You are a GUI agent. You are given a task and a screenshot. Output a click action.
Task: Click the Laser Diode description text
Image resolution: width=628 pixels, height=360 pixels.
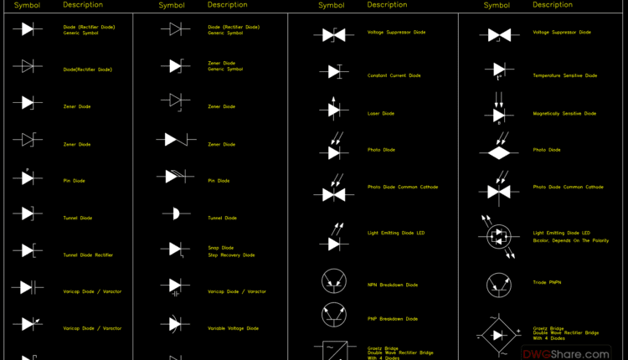(380, 113)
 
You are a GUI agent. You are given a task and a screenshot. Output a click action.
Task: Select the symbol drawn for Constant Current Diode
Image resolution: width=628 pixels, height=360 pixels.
(333, 72)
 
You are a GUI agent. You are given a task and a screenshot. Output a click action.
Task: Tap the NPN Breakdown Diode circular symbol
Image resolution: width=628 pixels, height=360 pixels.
(334, 281)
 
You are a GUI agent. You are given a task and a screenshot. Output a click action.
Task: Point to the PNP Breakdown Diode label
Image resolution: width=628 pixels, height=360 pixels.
(392, 318)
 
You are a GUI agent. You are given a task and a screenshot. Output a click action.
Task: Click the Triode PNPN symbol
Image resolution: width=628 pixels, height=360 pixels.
(499, 284)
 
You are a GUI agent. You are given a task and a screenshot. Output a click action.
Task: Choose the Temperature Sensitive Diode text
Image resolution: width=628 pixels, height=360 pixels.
(564, 75)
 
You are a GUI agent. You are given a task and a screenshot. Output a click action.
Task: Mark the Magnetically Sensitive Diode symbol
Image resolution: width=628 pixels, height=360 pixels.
(499, 113)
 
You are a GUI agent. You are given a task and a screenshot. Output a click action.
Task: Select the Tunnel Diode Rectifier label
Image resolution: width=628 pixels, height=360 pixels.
(88, 255)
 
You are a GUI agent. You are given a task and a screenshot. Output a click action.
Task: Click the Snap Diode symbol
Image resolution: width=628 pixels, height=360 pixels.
(174, 249)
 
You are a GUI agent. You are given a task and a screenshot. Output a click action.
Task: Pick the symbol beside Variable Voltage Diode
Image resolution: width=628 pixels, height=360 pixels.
(174, 323)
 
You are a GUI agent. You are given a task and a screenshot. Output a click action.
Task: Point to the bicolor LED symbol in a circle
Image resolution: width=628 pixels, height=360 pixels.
(499, 234)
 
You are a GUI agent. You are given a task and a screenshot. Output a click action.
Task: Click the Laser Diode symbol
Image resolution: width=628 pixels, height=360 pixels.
(333, 109)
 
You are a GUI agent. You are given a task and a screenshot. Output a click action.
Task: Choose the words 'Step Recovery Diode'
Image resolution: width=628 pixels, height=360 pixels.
(231, 255)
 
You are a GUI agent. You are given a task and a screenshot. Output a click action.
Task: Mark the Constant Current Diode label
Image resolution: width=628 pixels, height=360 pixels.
(394, 75)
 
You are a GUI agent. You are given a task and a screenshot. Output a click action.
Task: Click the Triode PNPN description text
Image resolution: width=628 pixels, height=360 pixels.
(547, 282)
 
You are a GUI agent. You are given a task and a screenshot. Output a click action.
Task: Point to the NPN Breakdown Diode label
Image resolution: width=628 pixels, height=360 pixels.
(392, 285)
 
